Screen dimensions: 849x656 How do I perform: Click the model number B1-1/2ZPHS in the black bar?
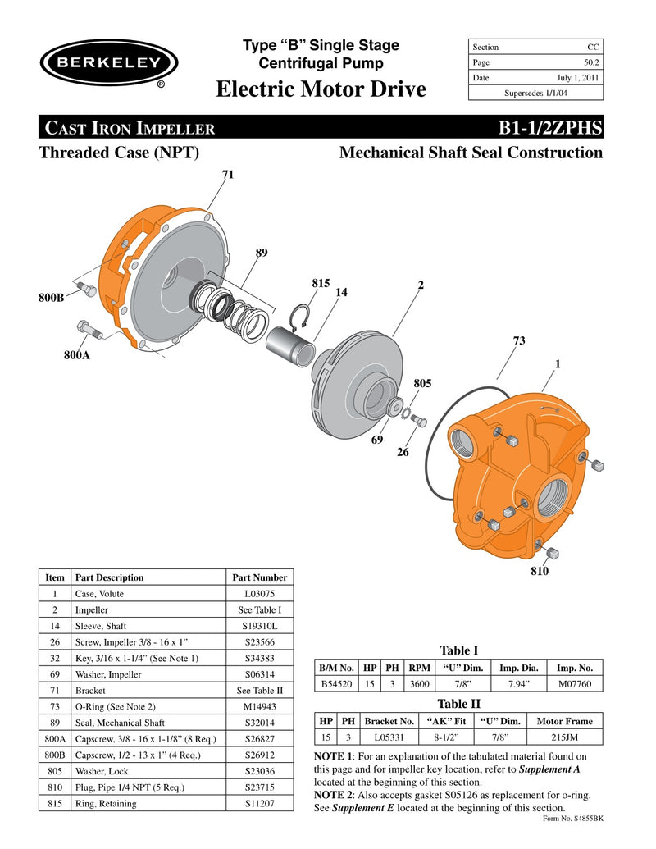coord(550,128)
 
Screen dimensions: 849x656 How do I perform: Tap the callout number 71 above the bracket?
coord(228,175)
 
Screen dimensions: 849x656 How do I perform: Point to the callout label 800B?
coord(51,299)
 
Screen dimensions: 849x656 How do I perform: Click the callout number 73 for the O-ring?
coord(519,340)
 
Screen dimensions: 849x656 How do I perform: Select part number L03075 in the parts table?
coord(259,593)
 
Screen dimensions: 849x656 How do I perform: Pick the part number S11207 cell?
coord(259,803)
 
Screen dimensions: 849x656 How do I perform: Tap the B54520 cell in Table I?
coord(336,683)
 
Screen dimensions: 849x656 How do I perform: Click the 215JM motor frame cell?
coord(564,737)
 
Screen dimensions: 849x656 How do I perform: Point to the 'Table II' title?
coord(458,704)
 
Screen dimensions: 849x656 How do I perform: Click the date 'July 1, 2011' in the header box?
coord(578,78)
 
